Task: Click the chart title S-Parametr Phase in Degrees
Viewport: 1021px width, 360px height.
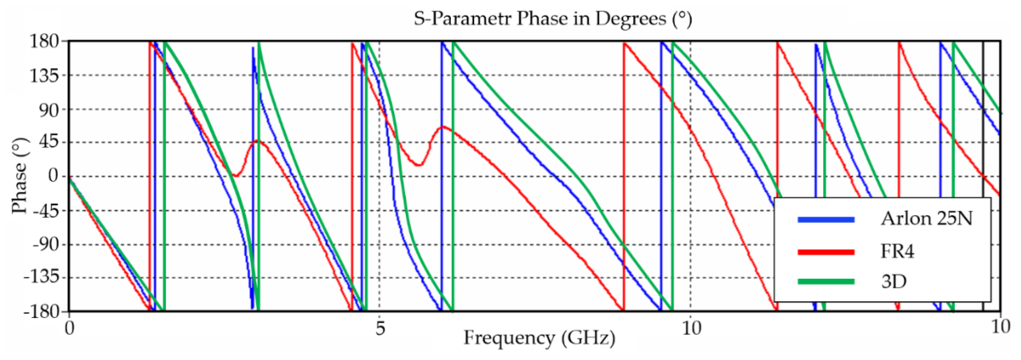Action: pos(553,19)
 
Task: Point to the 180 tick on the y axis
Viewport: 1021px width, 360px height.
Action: pos(44,41)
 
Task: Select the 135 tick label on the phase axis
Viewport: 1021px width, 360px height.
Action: pos(44,75)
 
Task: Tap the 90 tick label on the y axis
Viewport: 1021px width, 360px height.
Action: pos(49,110)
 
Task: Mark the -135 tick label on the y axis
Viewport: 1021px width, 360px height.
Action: pos(41,278)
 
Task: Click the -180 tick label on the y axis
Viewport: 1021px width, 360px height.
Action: pos(41,311)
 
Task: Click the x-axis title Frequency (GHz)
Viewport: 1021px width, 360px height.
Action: pos(539,338)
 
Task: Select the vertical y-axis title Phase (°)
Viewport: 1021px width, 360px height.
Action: pos(19,176)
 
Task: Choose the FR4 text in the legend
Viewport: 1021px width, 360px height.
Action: pos(897,251)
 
